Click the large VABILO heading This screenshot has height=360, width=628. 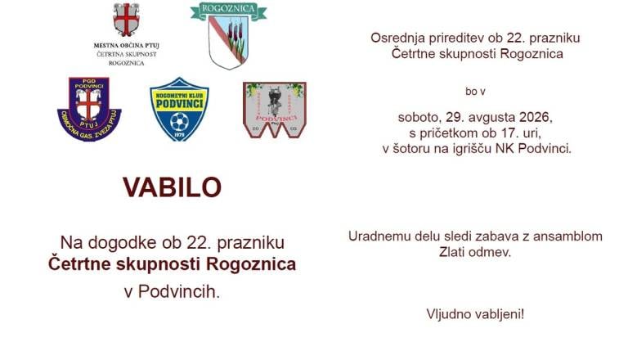(x=173, y=187)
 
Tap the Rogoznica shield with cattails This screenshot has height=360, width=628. (x=228, y=42)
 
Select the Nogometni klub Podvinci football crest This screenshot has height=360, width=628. (x=179, y=109)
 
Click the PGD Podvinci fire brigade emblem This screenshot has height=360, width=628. (x=89, y=109)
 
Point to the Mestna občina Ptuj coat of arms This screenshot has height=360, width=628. (x=126, y=20)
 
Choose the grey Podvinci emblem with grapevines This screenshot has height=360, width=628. (x=275, y=110)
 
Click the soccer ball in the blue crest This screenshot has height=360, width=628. (x=179, y=122)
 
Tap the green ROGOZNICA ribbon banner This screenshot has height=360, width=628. (x=228, y=10)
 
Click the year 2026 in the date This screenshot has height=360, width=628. (x=536, y=117)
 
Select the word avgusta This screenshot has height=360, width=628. (x=492, y=118)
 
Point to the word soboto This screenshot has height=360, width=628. (x=420, y=118)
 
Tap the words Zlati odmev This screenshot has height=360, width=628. (x=475, y=252)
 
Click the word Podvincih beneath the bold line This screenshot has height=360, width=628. (x=179, y=292)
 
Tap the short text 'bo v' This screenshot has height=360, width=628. (x=475, y=92)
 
